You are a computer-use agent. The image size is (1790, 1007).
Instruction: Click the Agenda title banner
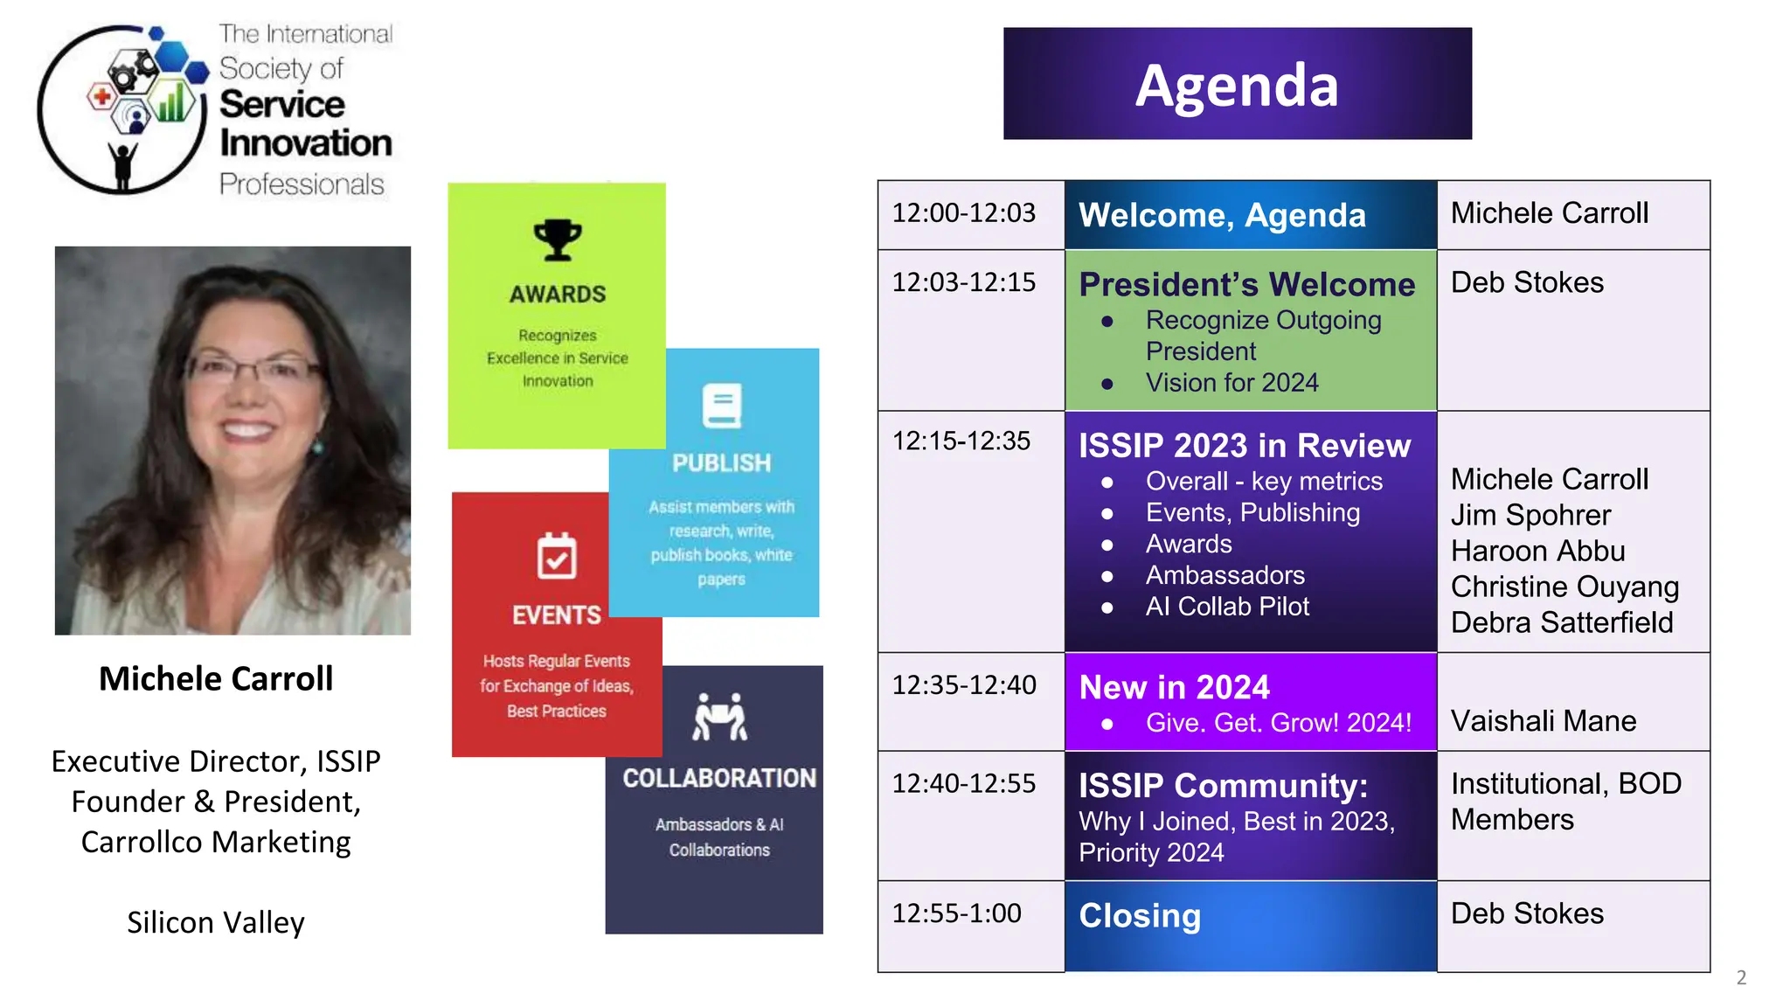point(1237,84)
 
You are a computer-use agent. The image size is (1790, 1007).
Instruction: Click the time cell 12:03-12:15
point(963,282)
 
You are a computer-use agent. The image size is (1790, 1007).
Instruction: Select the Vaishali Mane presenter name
point(1543,721)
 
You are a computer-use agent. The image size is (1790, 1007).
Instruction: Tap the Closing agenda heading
point(1140,915)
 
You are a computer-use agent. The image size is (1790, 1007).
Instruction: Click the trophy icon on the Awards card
point(557,240)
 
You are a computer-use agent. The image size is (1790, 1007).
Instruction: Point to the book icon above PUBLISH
point(722,406)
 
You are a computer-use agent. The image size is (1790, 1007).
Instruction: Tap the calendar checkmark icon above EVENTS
point(557,556)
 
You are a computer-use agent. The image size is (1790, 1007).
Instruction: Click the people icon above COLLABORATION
point(719,717)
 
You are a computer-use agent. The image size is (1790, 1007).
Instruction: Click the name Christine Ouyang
point(1565,587)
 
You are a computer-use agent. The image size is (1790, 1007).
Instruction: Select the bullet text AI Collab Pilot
point(1227,607)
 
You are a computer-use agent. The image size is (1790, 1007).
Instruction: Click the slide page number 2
point(1740,977)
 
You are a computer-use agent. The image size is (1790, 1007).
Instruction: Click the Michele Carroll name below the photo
point(216,679)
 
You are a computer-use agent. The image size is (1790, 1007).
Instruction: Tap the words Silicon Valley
point(216,923)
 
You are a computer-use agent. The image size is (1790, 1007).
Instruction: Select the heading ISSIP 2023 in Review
point(1244,446)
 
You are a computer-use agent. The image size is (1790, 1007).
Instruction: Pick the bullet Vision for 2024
point(1231,383)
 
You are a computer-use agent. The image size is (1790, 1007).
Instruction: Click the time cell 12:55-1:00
point(956,913)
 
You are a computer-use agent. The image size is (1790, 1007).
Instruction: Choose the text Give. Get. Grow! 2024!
point(1278,723)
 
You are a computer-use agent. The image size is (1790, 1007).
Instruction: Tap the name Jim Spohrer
point(1530,515)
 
